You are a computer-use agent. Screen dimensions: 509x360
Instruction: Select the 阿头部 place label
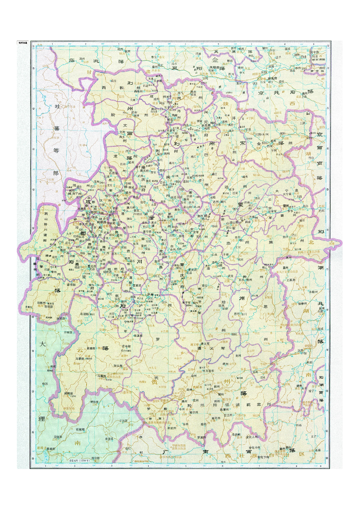click(118, 366)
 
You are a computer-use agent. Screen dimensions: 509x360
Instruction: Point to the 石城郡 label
click(80, 429)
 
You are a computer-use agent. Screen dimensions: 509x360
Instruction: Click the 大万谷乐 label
click(208, 371)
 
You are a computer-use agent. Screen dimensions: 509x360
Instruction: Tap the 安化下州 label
click(264, 457)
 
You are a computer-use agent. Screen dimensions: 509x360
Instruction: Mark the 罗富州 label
click(201, 437)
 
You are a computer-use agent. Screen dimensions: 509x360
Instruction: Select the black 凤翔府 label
click(215, 67)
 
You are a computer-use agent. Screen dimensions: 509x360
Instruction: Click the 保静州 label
click(303, 304)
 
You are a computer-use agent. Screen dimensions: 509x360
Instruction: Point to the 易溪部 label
click(138, 336)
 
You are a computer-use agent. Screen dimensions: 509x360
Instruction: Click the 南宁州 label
click(193, 412)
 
